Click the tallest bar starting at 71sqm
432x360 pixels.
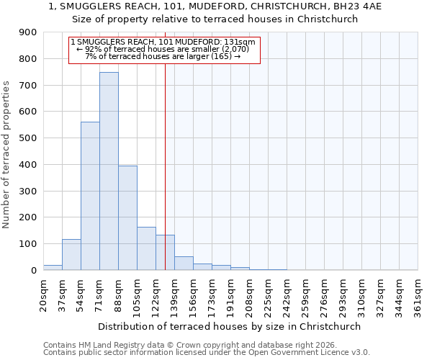(x=109, y=171)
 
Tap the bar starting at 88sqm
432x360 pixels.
(x=127, y=218)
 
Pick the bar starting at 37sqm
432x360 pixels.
(x=71, y=255)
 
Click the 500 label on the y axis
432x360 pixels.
(x=27, y=138)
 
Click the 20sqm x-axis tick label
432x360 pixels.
(x=43, y=294)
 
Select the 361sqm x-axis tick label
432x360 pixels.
(x=418, y=294)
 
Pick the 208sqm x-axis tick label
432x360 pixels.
(x=249, y=294)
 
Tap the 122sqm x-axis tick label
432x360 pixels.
(x=156, y=294)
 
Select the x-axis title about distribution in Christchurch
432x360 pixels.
(x=230, y=326)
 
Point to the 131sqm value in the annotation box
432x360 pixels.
(x=240, y=42)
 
